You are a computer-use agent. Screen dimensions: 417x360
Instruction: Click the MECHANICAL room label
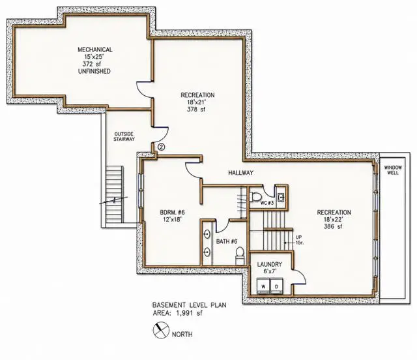95,50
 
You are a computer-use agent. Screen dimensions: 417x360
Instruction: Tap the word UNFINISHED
94,71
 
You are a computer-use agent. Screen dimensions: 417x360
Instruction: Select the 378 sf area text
196,109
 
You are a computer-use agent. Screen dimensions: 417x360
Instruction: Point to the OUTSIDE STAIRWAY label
124,136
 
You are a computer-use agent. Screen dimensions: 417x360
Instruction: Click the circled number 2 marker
162,147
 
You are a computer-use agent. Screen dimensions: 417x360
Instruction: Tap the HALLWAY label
240,173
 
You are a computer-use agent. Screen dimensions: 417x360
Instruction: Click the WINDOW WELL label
393,170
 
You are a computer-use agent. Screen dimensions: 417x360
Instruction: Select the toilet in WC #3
255,198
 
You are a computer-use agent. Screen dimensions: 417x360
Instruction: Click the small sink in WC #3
281,198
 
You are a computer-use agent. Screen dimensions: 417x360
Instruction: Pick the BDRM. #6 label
172,213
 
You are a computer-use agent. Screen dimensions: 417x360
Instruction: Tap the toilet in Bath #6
240,255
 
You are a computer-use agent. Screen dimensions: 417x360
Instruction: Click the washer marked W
263,286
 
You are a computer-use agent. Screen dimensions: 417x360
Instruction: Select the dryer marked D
276,286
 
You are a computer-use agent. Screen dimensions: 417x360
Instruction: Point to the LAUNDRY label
269,264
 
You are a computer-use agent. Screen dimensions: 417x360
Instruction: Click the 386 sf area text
333,226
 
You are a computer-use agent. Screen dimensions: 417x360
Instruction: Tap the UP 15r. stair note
299,239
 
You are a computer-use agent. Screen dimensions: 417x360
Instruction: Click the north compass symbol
161,330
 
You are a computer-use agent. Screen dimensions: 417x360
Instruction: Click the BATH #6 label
227,241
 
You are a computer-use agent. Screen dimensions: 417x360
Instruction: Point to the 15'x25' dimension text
94,57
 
